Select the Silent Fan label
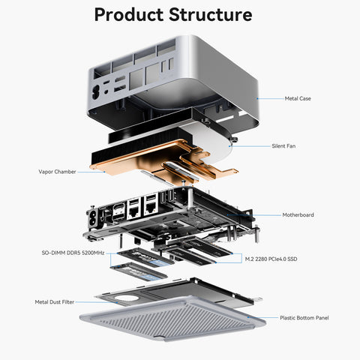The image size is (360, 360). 283,146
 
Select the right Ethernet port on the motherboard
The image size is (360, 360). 151,207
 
